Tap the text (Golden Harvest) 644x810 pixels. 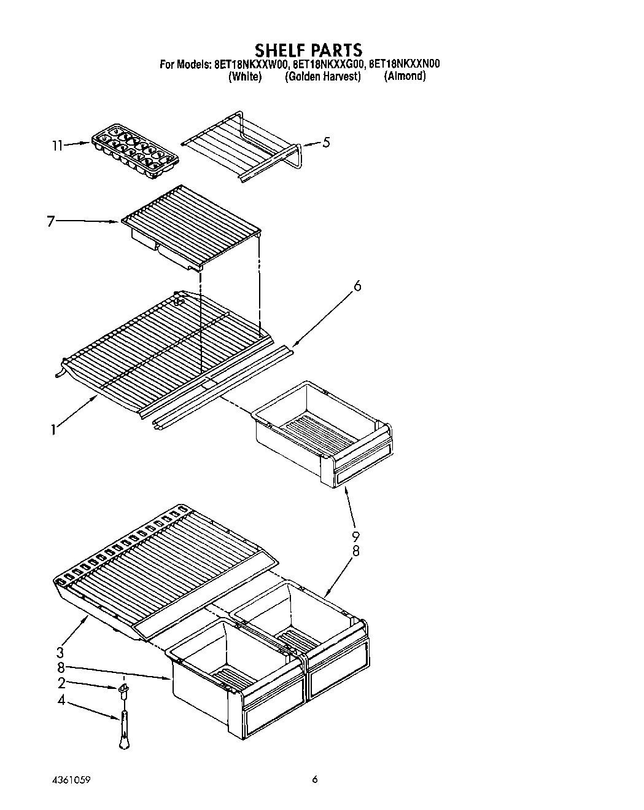coord(322,77)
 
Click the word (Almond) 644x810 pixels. coord(405,76)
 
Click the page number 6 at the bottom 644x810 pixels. coord(315,780)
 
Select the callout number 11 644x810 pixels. coord(57,146)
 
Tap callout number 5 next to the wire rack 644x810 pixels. coord(326,143)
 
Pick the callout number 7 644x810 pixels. coord(52,222)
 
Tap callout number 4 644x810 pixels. coord(61,700)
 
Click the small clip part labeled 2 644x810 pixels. coord(123,690)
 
